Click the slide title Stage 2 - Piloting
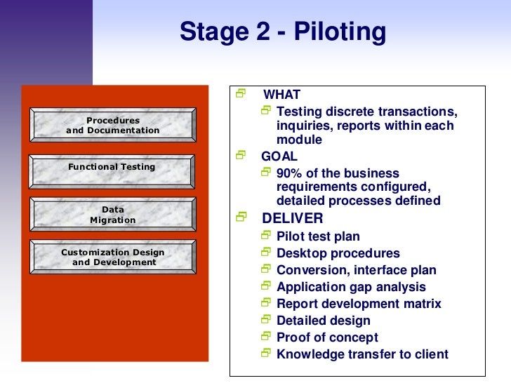pos(283,32)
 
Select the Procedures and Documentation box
pos(113,126)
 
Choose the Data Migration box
pos(112,215)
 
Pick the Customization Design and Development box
pos(113,257)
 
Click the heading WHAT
pos(281,95)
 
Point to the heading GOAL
pos(279,156)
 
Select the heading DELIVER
pos(292,218)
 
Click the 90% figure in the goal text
pos(291,173)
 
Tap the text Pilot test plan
pos(318,236)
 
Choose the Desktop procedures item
pos(338,253)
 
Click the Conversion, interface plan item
pos(357,270)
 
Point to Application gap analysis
pos(351,287)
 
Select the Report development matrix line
pos(359,304)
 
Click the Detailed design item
pos(324,321)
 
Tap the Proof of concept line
pos(327,337)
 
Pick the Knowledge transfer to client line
pos(362,354)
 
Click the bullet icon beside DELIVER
pos(241,217)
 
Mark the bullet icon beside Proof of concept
pos(265,337)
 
